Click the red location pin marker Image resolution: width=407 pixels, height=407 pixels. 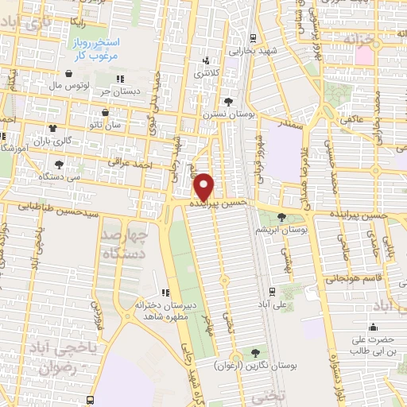click(x=205, y=186)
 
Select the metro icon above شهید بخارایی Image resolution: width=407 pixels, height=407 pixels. click(x=252, y=37)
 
